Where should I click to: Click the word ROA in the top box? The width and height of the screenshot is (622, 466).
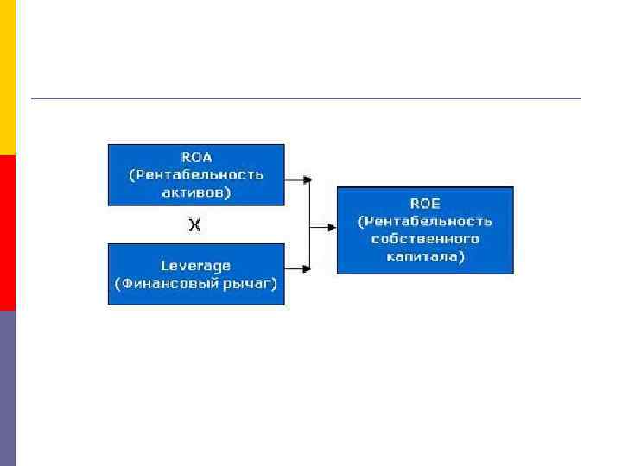pyautogui.click(x=196, y=156)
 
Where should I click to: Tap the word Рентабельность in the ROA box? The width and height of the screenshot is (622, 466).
pyautogui.click(x=200, y=174)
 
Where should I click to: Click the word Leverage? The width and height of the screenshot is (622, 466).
pyautogui.click(x=195, y=265)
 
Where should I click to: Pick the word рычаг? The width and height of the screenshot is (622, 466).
pyautogui.click(x=250, y=283)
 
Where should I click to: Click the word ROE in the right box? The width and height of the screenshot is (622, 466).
pyautogui.click(x=424, y=203)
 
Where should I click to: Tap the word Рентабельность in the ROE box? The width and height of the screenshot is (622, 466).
pyautogui.click(x=429, y=221)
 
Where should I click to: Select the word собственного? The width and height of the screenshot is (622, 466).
pyautogui.click(x=425, y=239)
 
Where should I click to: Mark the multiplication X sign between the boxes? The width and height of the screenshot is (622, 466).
pyautogui.click(x=195, y=225)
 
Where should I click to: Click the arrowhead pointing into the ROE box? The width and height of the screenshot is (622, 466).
pyautogui.click(x=332, y=228)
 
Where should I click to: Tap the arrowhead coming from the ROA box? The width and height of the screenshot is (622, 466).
pyautogui.click(x=307, y=179)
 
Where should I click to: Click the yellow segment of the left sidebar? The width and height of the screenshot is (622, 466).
pyautogui.click(x=8, y=78)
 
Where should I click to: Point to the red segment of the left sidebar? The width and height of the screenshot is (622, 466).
pyautogui.click(x=8, y=233)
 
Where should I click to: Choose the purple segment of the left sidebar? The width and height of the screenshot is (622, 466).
pyautogui.click(x=8, y=388)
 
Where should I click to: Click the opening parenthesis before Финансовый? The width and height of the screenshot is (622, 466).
pyautogui.click(x=117, y=283)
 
